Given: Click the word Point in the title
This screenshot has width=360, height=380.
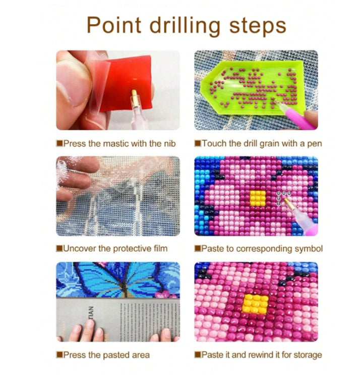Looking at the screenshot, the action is point(114,25).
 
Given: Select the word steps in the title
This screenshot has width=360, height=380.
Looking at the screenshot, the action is point(258,27).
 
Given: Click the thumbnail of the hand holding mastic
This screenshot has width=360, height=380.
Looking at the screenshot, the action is point(118,90).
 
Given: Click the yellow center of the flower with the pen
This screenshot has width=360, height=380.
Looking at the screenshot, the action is point(258,198).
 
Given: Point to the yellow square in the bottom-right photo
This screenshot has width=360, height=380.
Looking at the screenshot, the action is point(255,304).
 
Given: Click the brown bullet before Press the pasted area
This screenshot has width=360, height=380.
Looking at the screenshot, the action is point(59,355).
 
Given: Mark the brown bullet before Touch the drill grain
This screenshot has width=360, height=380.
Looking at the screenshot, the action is point(198,143).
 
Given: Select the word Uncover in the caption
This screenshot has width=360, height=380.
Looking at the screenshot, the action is point(79,249).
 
